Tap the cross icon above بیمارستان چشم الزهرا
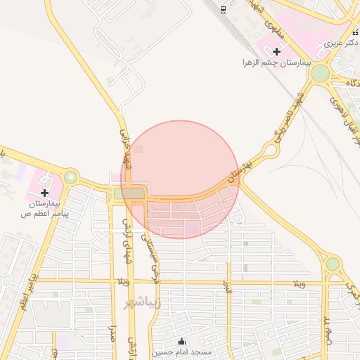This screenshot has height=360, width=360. tap(277, 51)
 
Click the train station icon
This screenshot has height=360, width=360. tap(223, 8)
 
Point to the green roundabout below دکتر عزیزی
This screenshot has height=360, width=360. tap(320, 73)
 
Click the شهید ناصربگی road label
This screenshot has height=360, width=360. tap(290, 116)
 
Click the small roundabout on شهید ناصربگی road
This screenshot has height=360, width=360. tap(269, 150)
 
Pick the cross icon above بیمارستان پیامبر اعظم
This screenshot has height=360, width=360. tap(44, 192)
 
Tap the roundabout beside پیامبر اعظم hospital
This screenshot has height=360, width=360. tap(70, 177)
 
